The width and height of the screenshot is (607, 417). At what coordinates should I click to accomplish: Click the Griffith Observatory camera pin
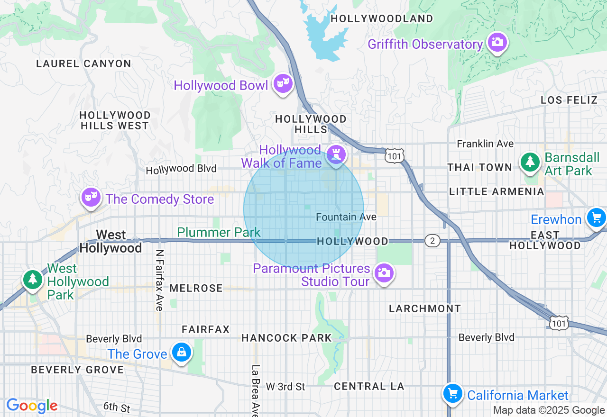click(x=497, y=42)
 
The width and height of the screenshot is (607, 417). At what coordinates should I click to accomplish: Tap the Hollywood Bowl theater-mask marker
click(x=283, y=83)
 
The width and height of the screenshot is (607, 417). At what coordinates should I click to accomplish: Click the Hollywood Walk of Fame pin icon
click(x=336, y=154)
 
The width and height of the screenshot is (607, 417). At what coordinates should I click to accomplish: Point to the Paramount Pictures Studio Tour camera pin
click(x=384, y=273)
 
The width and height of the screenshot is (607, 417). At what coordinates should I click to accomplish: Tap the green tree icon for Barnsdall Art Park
click(x=530, y=162)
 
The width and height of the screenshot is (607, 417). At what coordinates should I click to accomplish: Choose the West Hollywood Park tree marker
click(x=33, y=278)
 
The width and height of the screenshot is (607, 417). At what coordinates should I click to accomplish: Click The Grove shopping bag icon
click(x=181, y=352)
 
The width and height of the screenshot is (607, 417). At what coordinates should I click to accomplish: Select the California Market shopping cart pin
click(x=452, y=393)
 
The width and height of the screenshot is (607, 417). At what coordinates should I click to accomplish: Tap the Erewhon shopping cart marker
click(x=596, y=218)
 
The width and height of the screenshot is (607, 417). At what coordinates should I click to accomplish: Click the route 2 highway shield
click(x=432, y=241)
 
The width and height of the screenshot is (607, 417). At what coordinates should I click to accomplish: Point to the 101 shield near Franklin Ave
click(x=395, y=156)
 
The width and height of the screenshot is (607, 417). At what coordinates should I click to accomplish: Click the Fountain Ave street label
click(x=346, y=217)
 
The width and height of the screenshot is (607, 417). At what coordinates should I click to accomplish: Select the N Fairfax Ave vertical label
click(x=159, y=281)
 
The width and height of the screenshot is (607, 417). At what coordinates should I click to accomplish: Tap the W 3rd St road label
click(x=285, y=387)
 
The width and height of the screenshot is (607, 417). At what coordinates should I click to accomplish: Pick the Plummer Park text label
click(x=219, y=232)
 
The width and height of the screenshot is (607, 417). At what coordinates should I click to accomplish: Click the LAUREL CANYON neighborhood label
click(x=83, y=63)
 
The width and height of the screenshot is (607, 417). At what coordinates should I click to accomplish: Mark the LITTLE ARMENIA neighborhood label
click(x=497, y=191)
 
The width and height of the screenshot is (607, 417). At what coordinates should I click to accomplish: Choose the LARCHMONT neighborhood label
click(x=425, y=308)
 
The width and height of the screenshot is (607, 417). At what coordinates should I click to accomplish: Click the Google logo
click(x=32, y=406)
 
